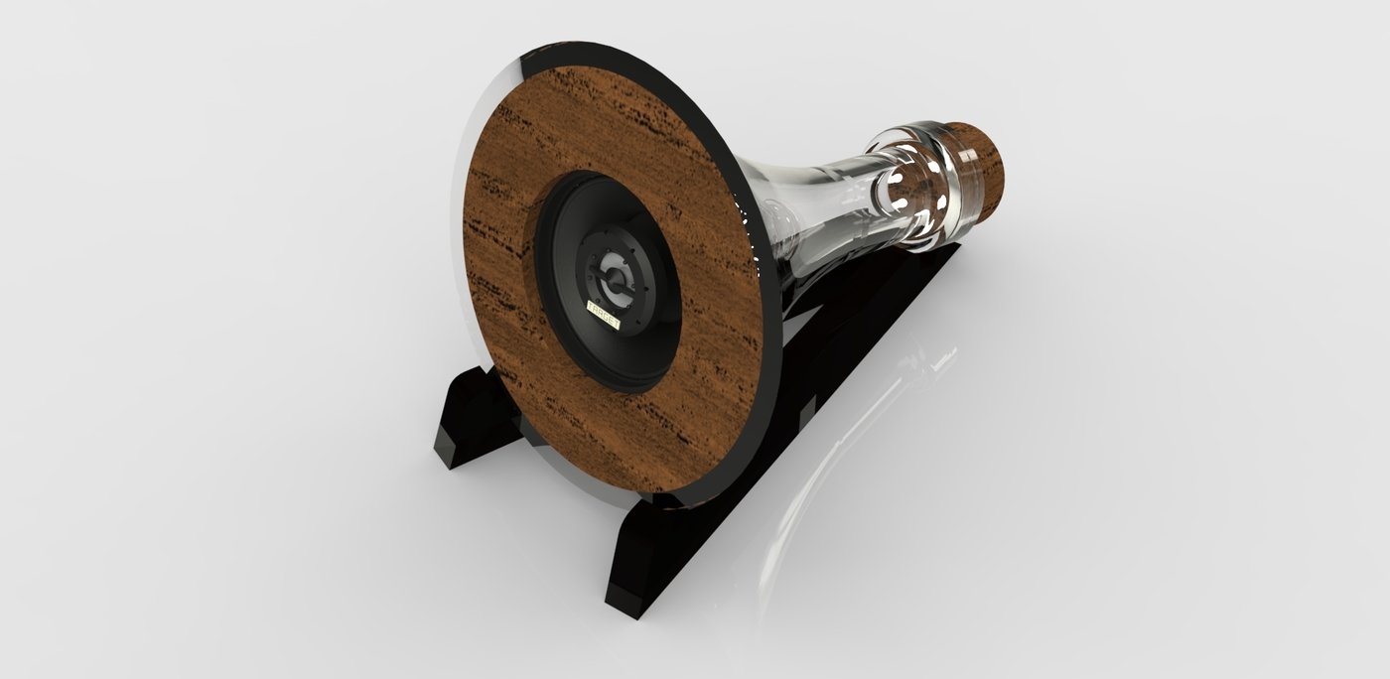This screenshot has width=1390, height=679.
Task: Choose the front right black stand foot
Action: pyautogui.click(x=645, y=556)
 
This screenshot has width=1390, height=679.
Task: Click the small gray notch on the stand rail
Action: pyautogui.click(x=808, y=407)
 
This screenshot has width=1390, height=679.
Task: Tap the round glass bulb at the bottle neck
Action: pyautogui.click(x=899, y=184)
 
